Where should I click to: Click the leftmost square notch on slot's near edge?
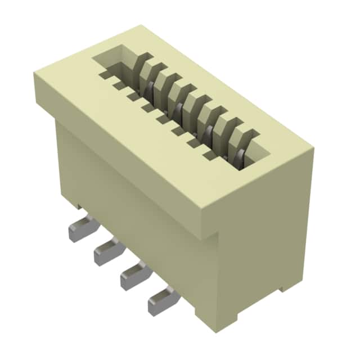click(x=105, y=74)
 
